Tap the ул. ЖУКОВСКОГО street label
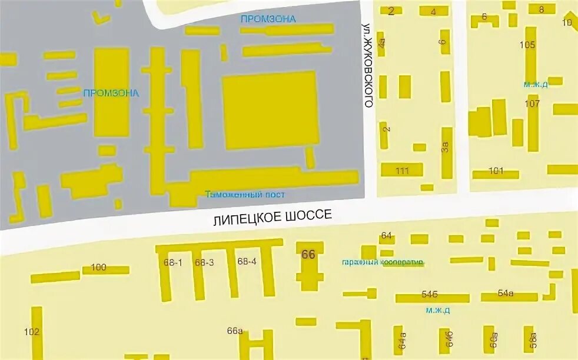(368, 65)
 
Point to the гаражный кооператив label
(383, 262)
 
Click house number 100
(98, 268)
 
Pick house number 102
(32, 332)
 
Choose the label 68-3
(204, 262)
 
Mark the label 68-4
(247, 261)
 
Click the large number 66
(308, 255)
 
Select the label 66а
(235, 331)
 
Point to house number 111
(403, 171)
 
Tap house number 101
(496, 171)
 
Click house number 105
(527, 45)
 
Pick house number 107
(532, 104)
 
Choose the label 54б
(430, 294)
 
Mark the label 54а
(506, 293)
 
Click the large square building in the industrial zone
(271, 110)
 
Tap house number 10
(567, 23)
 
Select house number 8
(542, 9)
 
